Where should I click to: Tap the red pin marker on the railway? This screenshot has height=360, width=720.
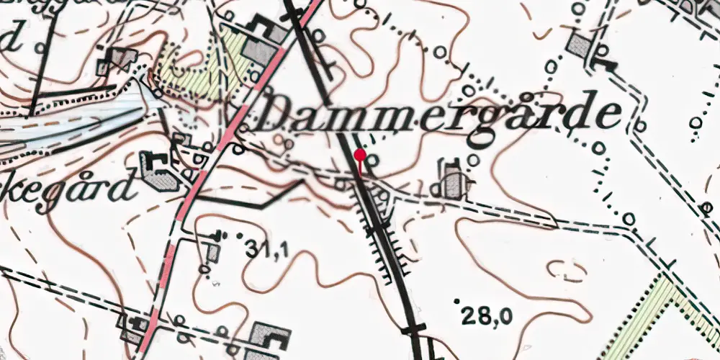360,154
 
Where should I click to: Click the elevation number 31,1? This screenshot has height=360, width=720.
266,250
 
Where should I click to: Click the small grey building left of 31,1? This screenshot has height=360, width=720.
213,252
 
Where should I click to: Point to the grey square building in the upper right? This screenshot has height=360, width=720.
578,45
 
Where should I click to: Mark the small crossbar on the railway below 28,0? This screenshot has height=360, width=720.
413,328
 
